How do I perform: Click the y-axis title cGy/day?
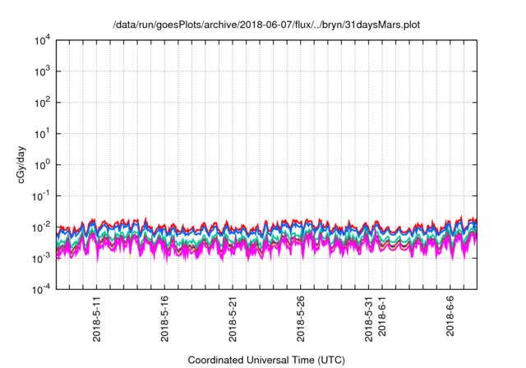point(26,163)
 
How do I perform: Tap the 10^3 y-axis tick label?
point(43,71)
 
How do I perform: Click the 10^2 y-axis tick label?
point(43,102)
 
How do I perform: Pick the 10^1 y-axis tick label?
point(43,133)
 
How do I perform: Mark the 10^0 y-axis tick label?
point(43,164)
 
